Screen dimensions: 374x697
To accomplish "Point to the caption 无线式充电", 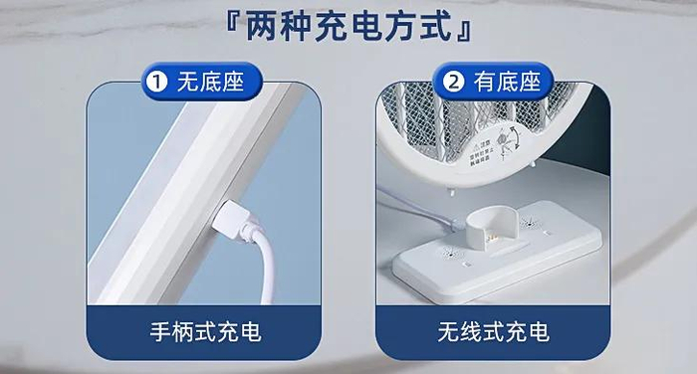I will coord(493,330).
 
